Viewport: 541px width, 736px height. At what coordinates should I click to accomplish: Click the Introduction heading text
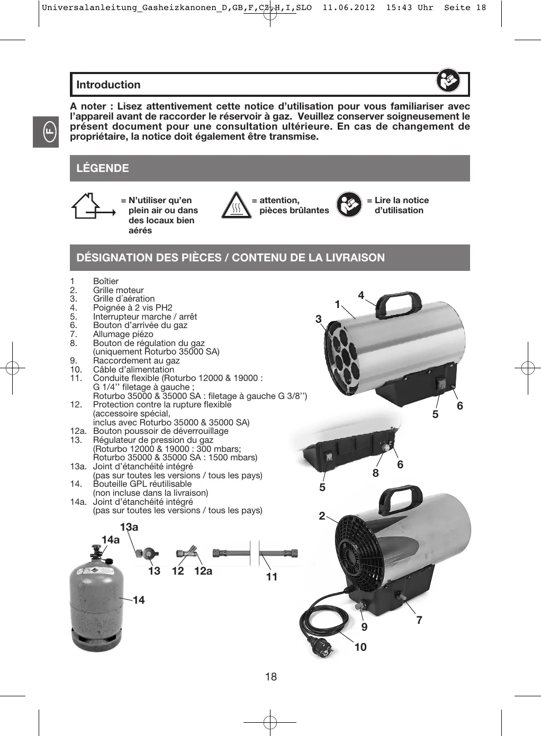(109, 85)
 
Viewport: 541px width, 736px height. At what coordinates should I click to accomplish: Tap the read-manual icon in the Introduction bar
(448, 81)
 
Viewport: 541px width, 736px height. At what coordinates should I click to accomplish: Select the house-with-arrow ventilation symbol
(93, 206)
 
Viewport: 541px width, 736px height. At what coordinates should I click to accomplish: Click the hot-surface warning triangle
(236, 206)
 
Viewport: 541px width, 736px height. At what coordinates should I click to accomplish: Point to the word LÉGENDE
(103, 168)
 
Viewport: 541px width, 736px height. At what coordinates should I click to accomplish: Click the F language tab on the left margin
(46, 131)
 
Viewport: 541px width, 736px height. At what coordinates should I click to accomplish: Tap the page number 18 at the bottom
(270, 677)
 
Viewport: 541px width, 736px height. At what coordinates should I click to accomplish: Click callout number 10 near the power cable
(360, 647)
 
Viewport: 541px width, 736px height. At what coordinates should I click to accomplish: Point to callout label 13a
(129, 527)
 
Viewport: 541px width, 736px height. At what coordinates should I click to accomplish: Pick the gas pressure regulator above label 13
(146, 554)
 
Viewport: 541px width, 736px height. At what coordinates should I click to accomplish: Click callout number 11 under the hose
(272, 577)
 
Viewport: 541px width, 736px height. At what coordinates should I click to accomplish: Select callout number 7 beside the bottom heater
(419, 620)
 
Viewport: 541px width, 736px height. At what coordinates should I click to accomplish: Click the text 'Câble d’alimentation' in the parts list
(133, 369)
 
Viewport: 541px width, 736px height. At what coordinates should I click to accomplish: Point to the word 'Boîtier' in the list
(106, 281)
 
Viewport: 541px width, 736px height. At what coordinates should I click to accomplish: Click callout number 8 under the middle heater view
(376, 473)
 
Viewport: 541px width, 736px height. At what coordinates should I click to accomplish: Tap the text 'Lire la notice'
(401, 201)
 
